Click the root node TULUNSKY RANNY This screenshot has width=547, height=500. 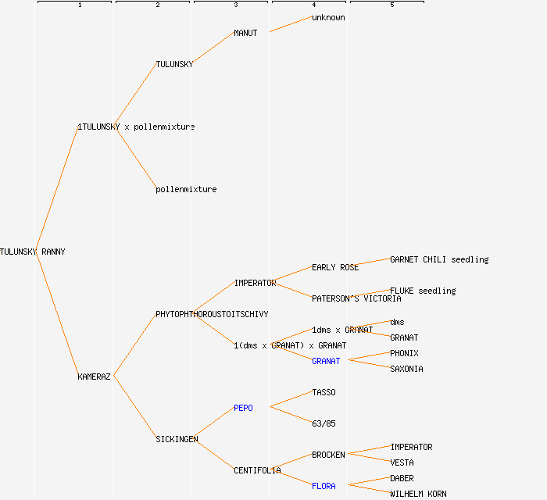pos(33,252)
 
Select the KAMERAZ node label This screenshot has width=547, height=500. pos(94,377)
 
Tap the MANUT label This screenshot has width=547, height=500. pos(245,33)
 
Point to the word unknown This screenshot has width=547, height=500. pos(328,17)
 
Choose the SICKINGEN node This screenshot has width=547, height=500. pos(177,439)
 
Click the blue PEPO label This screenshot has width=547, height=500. pos(243,408)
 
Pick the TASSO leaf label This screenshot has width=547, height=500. pos(324,392)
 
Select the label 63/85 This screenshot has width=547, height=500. pos(324,423)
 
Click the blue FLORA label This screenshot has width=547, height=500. pos(324,486)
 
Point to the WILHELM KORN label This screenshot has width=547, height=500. pos(418,494)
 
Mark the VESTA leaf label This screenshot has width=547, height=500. pos(402,462)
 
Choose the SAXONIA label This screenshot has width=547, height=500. pos(406,369)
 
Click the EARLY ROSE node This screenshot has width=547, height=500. pos(335,267)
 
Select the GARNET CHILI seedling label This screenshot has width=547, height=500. pos(439,259)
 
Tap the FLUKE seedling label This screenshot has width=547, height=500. pos(423,291)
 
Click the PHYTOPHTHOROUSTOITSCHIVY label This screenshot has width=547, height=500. pos(212,314)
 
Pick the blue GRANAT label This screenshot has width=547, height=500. pos(326,361)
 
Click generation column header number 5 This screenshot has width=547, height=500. pos(391,5)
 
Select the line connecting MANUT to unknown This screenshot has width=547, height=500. pos(290,24)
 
